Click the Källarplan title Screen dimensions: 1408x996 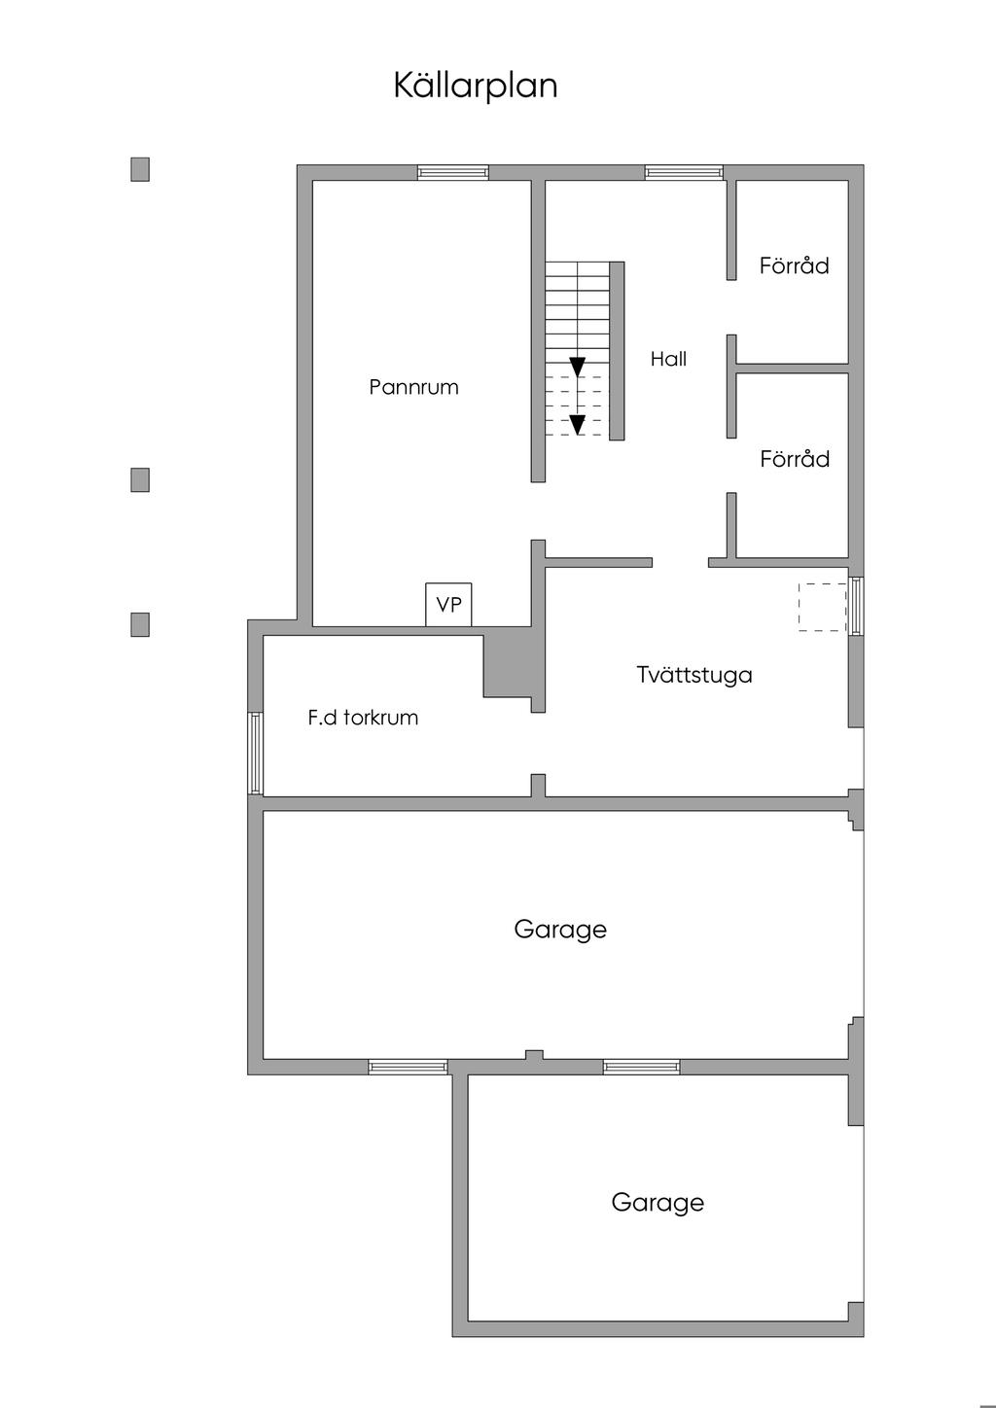(476, 86)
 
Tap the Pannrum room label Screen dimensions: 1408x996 (413, 387)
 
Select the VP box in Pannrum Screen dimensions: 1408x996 (448, 604)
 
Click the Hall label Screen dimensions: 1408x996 (668, 359)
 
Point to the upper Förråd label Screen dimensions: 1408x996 (794, 265)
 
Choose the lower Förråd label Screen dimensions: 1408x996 (794, 459)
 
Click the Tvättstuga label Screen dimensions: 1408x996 (694, 675)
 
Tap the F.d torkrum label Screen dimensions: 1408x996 (363, 719)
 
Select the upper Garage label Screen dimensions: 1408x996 (560, 930)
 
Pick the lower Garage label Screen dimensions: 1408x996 (658, 1203)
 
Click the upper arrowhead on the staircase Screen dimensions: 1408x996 (578, 367)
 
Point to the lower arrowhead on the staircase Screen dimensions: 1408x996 (578, 424)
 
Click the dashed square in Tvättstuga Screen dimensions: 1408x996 (822, 607)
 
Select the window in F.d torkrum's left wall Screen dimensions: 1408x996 (255, 753)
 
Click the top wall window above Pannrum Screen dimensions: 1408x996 (452, 173)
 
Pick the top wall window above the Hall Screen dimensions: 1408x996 (684, 173)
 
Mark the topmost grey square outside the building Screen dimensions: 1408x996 (140, 169)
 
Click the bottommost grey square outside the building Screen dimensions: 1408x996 (140, 624)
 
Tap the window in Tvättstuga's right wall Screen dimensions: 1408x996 (856, 607)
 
